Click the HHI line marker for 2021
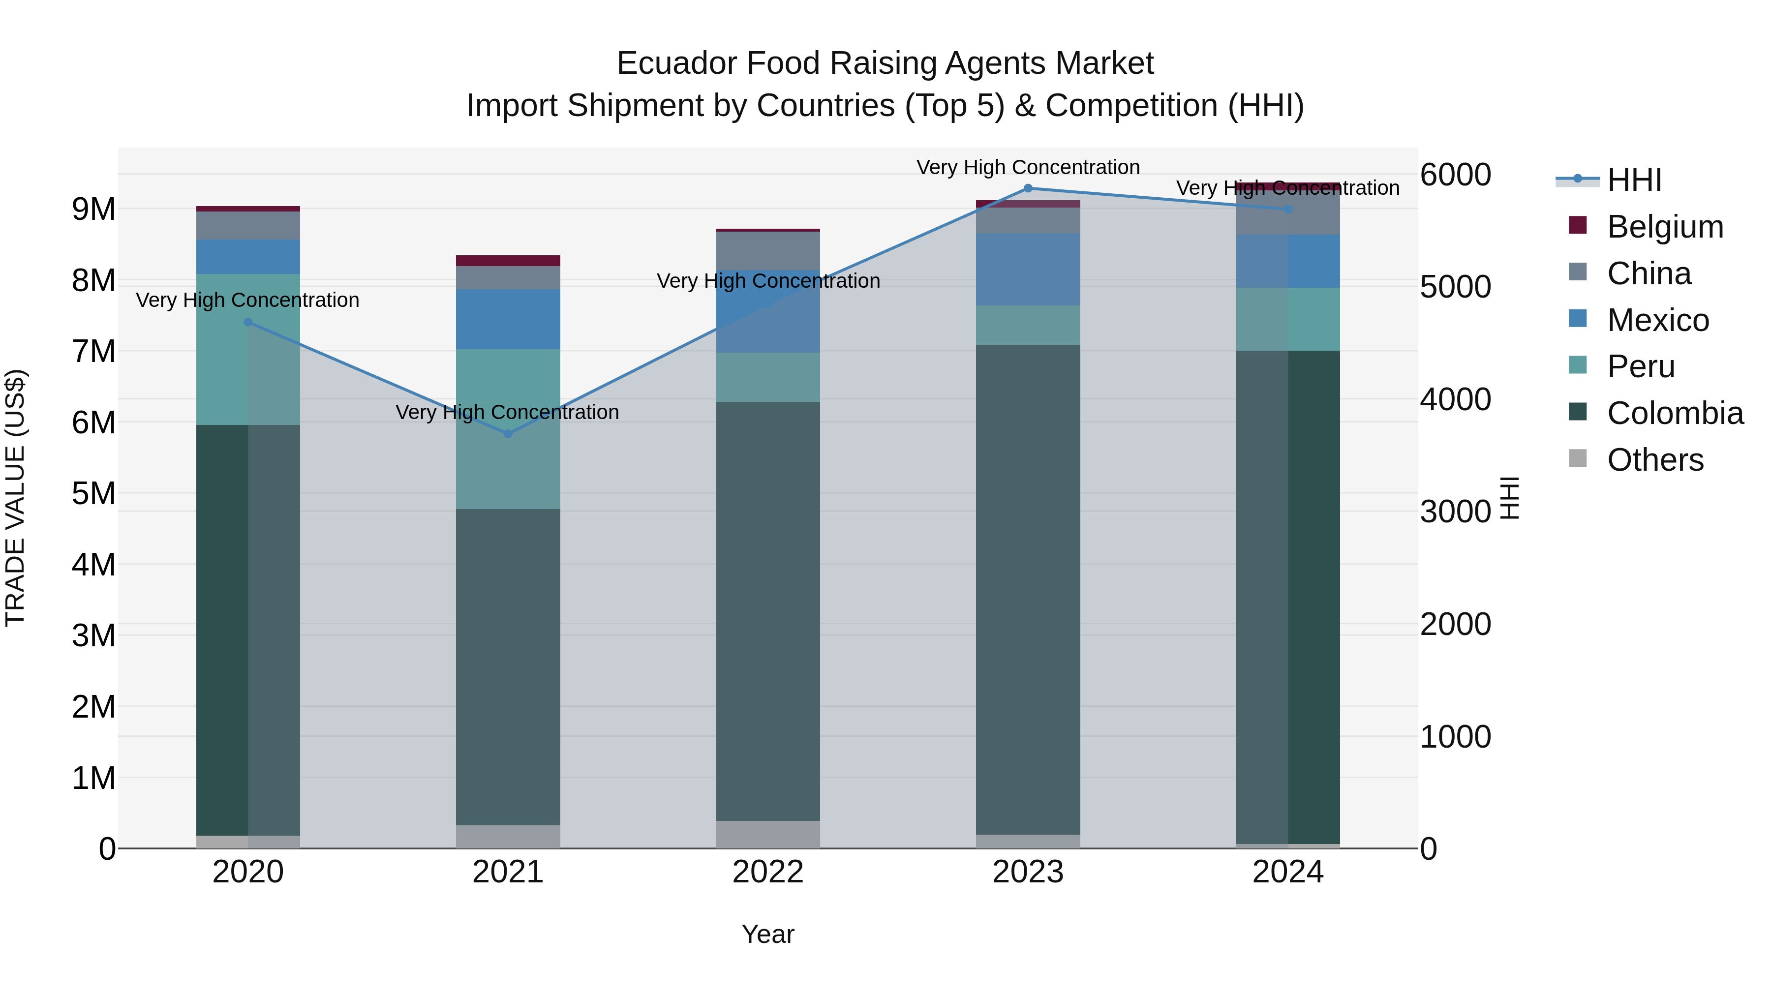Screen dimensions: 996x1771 pos(508,434)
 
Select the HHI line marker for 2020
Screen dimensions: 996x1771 pos(248,322)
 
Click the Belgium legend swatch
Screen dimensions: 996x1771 pos(1578,225)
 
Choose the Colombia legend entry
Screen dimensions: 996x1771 pos(1674,413)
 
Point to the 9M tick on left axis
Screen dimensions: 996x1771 pos(94,209)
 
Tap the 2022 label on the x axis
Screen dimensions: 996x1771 pos(768,872)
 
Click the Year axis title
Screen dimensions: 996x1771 pos(768,934)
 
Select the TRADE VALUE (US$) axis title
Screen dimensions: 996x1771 pos(15,498)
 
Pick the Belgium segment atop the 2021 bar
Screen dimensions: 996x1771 pos(508,261)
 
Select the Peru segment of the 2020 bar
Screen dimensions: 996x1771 pos(248,349)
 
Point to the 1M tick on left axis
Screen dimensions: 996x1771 pos(94,778)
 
